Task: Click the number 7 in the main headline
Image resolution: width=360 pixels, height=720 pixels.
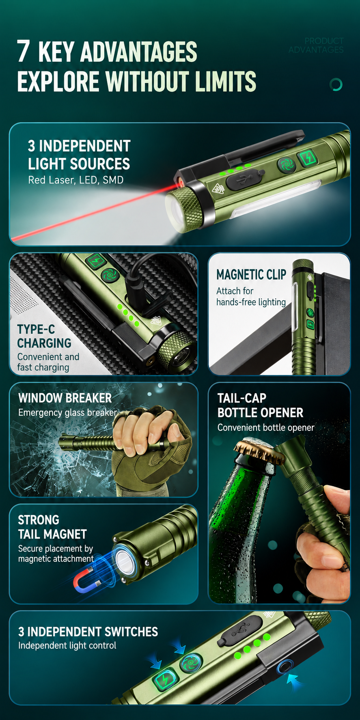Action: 24,51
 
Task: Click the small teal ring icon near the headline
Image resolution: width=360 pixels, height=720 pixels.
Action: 336,84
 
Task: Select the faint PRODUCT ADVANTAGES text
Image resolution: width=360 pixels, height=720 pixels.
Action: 316,45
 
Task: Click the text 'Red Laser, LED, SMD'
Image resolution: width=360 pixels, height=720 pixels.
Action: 75,180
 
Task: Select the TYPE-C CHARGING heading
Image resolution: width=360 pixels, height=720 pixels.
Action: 44,336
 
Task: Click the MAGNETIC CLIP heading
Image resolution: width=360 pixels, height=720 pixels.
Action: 251,275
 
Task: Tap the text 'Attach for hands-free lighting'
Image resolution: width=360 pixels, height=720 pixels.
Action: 251,297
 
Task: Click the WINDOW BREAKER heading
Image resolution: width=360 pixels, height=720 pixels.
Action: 65,398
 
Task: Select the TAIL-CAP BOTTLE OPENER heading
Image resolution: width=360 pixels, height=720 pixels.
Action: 260,405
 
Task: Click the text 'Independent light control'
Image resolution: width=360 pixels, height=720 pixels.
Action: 67,646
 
